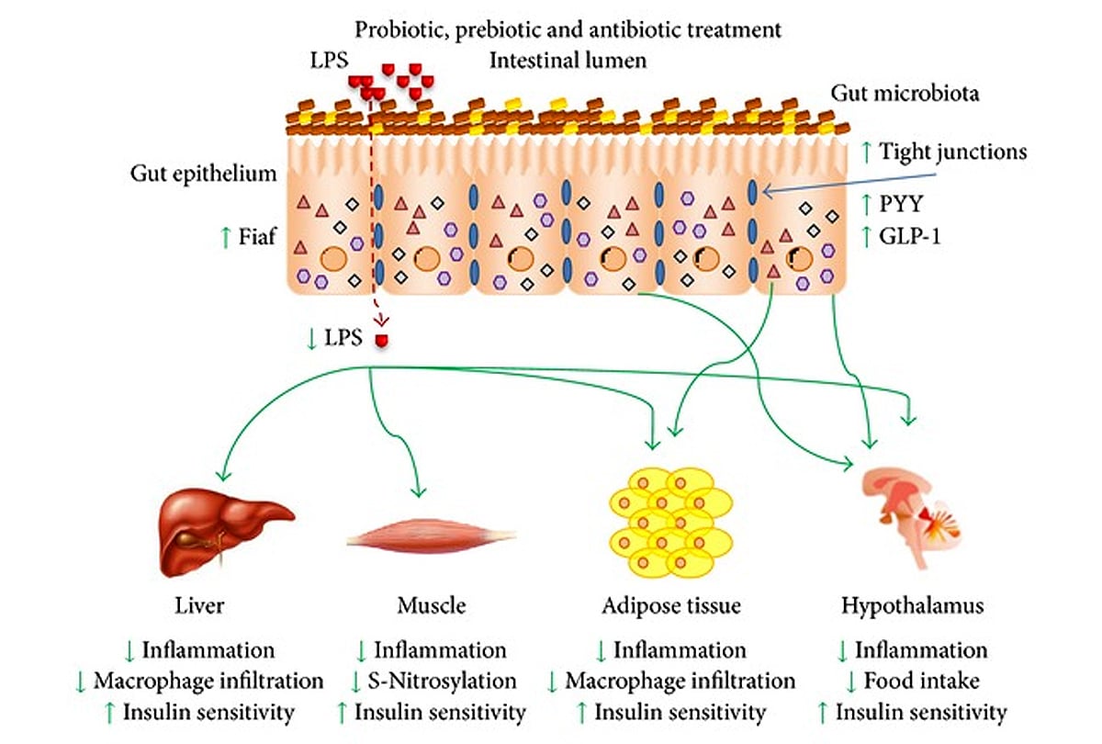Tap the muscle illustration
point(432,536)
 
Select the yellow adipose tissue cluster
point(671,523)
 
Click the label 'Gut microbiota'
point(905,94)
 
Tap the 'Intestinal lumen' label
point(568,61)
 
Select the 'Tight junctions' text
point(952,152)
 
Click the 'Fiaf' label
point(257,237)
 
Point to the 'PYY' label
point(901,204)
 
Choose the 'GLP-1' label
point(910,237)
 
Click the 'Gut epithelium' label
point(203,175)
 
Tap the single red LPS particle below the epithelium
point(382,340)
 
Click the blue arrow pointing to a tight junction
point(849,183)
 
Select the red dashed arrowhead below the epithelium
point(381,321)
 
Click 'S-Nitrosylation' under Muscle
point(442,681)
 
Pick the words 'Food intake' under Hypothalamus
point(921,681)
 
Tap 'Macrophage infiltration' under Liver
point(208,681)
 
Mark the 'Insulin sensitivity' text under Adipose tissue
point(680,712)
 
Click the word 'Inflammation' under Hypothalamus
point(921,650)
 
